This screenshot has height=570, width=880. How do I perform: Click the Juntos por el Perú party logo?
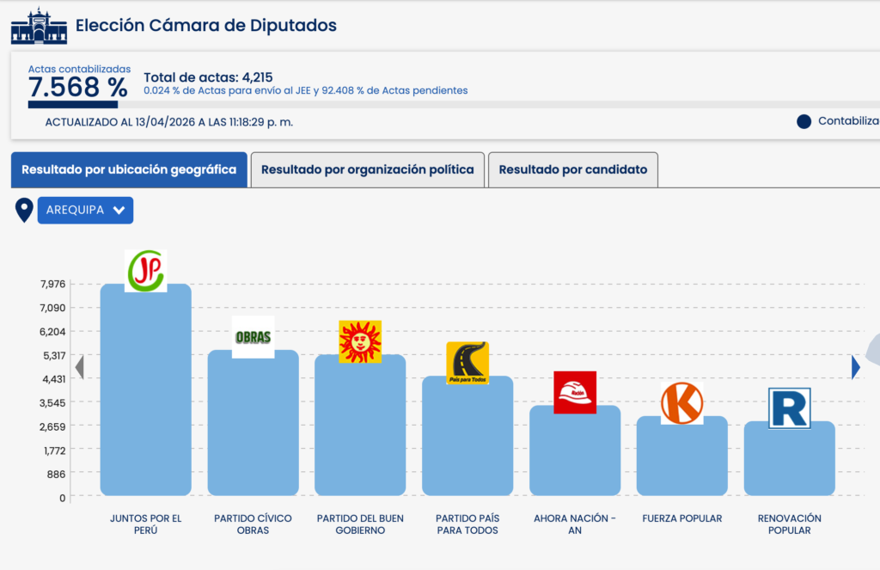[145, 271]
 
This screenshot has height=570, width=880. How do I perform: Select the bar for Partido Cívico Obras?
[253, 426]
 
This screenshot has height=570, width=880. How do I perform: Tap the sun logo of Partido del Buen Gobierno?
[360, 341]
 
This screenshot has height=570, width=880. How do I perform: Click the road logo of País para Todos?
[467, 363]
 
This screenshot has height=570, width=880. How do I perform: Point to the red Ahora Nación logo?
[575, 392]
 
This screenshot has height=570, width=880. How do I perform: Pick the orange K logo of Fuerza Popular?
[682, 403]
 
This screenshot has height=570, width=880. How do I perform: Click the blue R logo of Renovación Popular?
[790, 408]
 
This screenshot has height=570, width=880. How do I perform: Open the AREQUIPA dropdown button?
[85, 211]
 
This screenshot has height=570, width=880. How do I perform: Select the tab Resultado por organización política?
[367, 170]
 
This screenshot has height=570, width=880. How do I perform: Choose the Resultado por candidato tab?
[573, 170]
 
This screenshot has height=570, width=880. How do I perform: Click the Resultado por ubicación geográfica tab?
[129, 170]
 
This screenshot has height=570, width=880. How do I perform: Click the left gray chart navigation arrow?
[79, 367]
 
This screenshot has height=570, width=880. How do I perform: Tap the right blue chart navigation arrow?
[855, 367]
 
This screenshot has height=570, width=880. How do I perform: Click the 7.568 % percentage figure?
[78, 87]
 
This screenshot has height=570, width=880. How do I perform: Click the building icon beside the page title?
[39, 27]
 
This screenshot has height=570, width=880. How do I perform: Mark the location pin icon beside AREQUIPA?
[25, 210]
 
